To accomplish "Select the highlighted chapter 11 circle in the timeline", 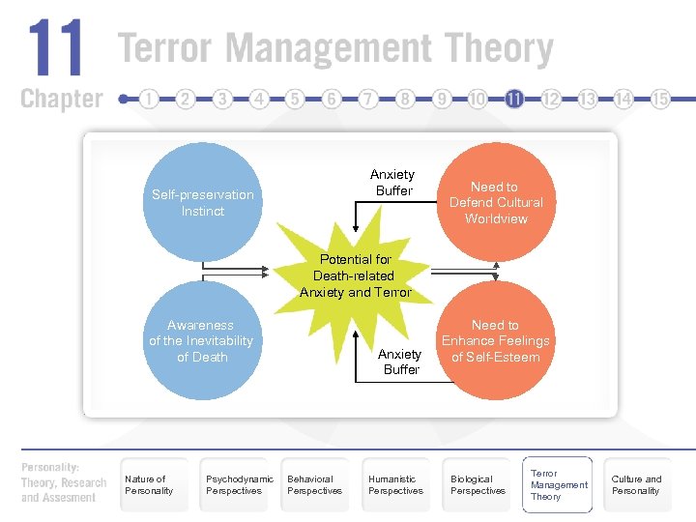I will (514, 99).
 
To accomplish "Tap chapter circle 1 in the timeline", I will (149, 99).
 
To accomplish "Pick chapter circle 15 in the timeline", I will (661, 99).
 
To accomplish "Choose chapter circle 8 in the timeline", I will (405, 99).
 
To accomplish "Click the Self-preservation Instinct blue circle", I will (203, 202).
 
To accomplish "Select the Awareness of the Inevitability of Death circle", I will (201, 340).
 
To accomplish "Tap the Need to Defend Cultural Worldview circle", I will (496, 202).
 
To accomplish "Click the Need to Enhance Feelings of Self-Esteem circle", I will (496, 340).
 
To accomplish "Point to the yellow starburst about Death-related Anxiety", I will (356, 275).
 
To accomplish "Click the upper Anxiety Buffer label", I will (392, 183).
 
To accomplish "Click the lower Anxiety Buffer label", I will (400, 362).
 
